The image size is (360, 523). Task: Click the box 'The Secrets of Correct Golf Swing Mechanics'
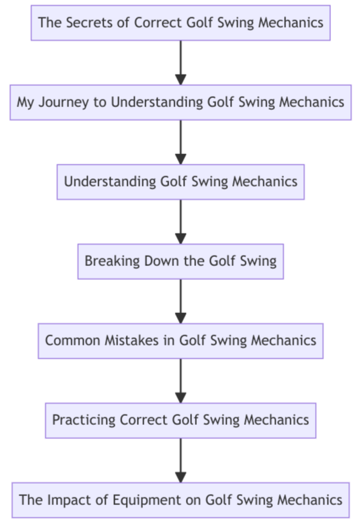(180, 23)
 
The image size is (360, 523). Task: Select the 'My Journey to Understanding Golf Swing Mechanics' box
(180, 102)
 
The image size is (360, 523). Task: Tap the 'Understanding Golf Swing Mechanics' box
(180, 182)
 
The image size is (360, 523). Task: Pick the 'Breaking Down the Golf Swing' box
(180, 261)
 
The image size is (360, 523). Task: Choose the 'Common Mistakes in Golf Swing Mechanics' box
(180, 341)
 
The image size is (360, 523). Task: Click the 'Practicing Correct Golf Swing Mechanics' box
(180, 420)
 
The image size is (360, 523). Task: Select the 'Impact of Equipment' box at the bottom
(180, 500)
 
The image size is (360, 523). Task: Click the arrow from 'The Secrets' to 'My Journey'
(180, 62)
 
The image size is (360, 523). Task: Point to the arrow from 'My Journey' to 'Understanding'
(180, 142)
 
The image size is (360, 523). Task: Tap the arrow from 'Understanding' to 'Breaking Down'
(180, 221)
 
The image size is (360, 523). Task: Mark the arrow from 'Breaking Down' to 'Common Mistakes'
(180, 301)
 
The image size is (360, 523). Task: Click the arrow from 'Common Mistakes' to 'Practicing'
(180, 380)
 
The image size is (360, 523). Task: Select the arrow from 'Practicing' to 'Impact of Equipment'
(180, 459)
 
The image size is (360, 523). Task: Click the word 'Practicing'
(84, 420)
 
